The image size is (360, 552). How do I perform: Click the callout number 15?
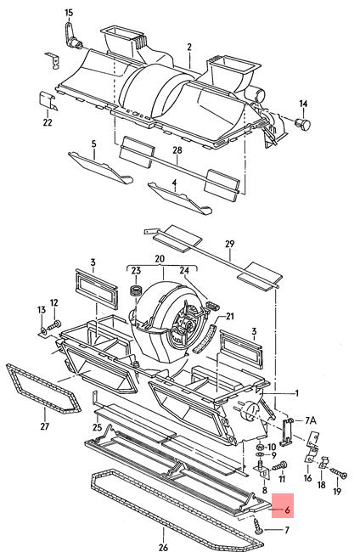pyautogui.click(x=69, y=13)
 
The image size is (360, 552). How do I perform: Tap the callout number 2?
pyautogui.click(x=189, y=48)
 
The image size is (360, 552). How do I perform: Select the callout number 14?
pyautogui.click(x=303, y=104)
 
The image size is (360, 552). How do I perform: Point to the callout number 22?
pyautogui.click(x=48, y=122)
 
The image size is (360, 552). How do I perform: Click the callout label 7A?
pyautogui.click(x=311, y=420)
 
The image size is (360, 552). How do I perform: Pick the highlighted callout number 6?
pyautogui.click(x=288, y=510)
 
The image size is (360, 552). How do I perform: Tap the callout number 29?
pyautogui.click(x=230, y=244)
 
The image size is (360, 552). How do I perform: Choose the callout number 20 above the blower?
pyautogui.click(x=160, y=259)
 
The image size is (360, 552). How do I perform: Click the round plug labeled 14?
pyautogui.click(x=303, y=124)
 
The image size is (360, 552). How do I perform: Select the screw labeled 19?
pyautogui.click(x=339, y=473)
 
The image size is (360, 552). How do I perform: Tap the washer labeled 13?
pyautogui.click(x=42, y=331)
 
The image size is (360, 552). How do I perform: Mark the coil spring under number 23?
pyautogui.click(x=136, y=290)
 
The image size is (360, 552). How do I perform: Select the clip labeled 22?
pyautogui.click(x=48, y=100)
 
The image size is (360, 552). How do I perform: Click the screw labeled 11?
pyautogui.click(x=280, y=466)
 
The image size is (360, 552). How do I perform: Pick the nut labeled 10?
pyautogui.click(x=260, y=447)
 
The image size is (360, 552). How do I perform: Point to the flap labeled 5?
pyautogui.click(x=101, y=168)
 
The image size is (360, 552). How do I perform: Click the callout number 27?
pyautogui.click(x=45, y=426)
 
